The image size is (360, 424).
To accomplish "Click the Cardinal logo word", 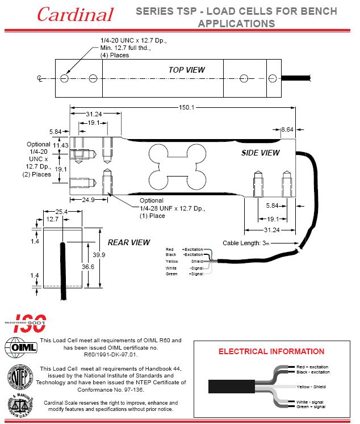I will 75,14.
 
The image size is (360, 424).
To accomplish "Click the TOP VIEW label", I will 186,70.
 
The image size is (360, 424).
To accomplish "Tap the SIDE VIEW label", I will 261,153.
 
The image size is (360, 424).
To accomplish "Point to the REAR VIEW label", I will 129,242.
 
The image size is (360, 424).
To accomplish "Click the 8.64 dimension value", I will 287,130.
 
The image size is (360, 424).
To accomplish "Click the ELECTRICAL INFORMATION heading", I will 271,351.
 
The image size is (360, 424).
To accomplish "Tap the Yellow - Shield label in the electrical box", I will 312,386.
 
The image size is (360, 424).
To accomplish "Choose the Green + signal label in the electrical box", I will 312,406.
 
